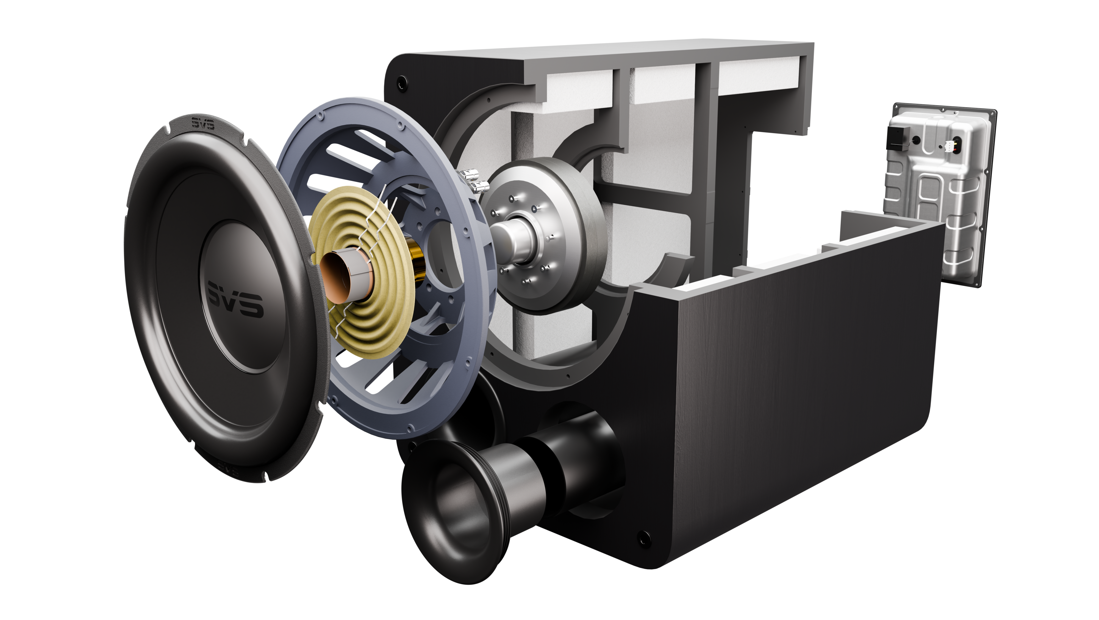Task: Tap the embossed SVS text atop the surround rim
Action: coord(203,124)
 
